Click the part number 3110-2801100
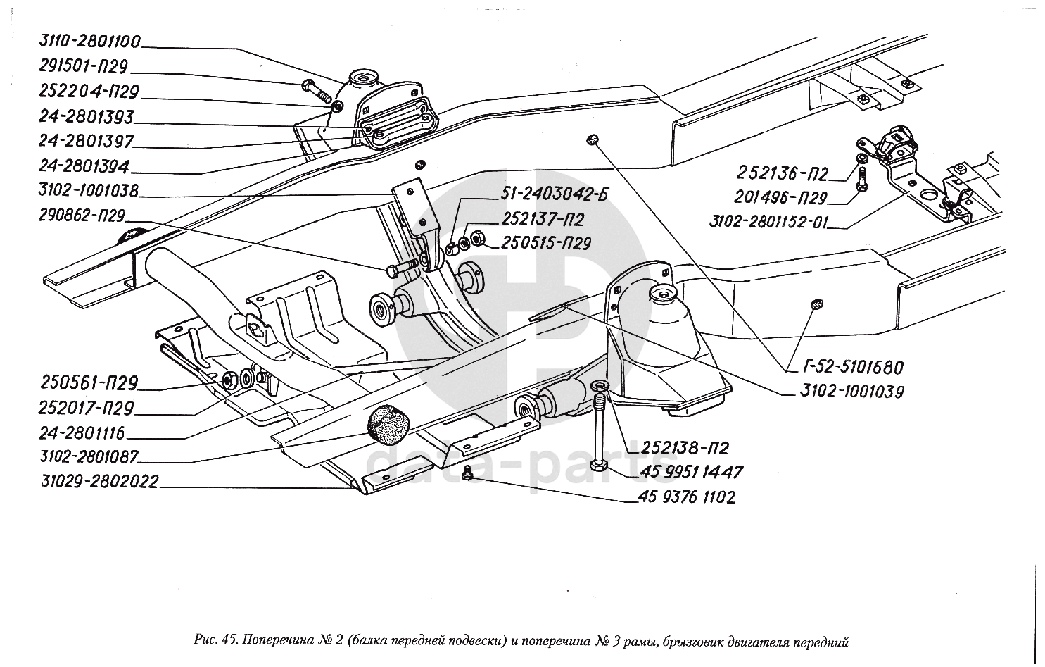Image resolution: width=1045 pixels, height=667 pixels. tap(90, 42)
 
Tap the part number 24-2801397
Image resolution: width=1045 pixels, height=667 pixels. tap(87, 142)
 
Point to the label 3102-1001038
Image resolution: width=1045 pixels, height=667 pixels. tap(89, 191)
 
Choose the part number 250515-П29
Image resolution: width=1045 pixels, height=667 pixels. tap(546, 243)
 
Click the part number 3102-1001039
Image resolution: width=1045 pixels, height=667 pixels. tap(851, 392)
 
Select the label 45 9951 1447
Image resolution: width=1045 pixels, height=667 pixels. tap(692, 472)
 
